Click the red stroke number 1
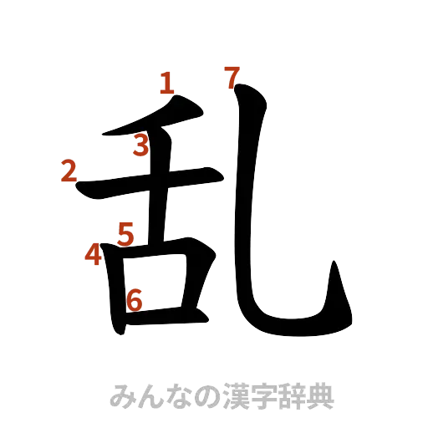coord(166,83)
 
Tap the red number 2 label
coord(69,172)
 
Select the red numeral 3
coord(142,147)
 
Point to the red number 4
coord(93,255)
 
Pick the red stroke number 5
coord(125,233)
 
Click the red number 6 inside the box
coord(135,298)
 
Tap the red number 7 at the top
coord(232,78)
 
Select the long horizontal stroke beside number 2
coord(150,183)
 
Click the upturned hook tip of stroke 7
coord(335,276)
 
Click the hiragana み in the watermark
coord(120,395)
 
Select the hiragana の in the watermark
coord(196,395)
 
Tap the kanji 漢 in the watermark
coord(224,395)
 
